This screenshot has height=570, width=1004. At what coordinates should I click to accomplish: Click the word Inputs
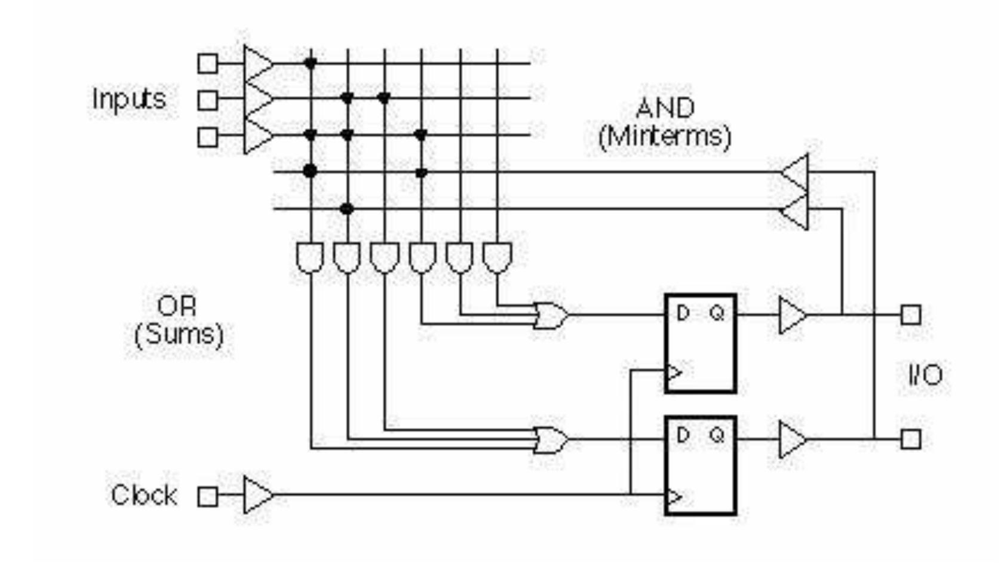tap(128, 99)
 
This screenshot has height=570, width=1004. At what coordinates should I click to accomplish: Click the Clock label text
tap(144, 495)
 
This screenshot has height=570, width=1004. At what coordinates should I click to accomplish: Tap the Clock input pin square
tap(207, 496)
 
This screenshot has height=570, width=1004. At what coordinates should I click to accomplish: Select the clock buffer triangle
tap(257, 495)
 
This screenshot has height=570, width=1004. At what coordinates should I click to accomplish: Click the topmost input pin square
tap(207, 63)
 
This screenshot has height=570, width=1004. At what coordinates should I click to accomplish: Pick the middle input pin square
tap(207, 100)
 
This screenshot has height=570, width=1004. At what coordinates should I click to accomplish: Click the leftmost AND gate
tap(310, 257)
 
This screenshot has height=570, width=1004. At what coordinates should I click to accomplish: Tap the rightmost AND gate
tap(497, 257)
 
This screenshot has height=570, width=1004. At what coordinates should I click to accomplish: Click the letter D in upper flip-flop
tap(683, 312)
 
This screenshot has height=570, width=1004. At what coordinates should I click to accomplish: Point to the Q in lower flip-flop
tap(717, 435)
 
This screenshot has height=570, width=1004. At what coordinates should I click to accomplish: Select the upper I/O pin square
tap(910, 315)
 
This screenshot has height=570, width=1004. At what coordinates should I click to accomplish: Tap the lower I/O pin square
tap(910, 439)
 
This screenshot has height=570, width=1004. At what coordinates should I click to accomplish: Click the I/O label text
tap(925, 375)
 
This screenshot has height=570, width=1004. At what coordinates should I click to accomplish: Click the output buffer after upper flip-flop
tap(792, 315)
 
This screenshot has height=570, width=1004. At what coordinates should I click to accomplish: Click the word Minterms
tap(664, 137)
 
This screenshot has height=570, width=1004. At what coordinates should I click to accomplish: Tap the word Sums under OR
tap(179, 334)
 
